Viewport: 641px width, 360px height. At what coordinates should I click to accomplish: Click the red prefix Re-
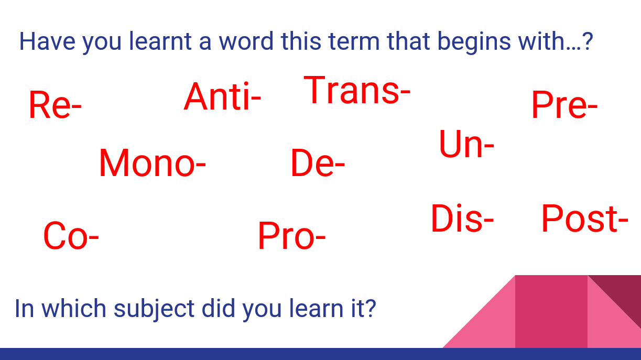point(55,104)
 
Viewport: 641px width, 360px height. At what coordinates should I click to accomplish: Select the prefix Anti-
point(222,96)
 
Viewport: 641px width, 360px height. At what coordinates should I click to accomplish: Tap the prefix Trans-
point(357,90)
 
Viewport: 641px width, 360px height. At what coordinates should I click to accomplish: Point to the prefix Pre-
point(564,104)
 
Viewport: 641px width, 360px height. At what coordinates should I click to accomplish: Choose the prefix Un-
point(466,144)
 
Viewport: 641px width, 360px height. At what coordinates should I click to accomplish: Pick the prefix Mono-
point(152,163)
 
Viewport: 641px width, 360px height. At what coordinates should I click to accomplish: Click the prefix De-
point(318,163)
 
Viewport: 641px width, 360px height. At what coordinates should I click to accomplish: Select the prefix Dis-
point(462,219)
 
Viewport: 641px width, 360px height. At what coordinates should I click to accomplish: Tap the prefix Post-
point(585,219)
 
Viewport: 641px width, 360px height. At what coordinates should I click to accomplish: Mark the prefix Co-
point(71,235)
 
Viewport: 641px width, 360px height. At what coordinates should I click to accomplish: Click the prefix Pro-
point(292,235)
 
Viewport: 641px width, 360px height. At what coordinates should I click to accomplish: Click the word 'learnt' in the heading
point(160,41)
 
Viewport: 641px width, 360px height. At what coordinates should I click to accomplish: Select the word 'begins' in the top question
point(474,42)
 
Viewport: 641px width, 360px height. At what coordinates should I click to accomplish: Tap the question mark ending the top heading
point(588,41)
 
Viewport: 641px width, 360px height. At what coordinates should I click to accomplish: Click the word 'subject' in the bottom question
point(154,309)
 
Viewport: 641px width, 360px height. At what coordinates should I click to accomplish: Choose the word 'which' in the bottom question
point(74,309)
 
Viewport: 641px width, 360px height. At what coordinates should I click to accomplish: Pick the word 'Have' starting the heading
point(48,41)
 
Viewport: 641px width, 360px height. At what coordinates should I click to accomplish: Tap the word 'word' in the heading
point(246,41)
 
